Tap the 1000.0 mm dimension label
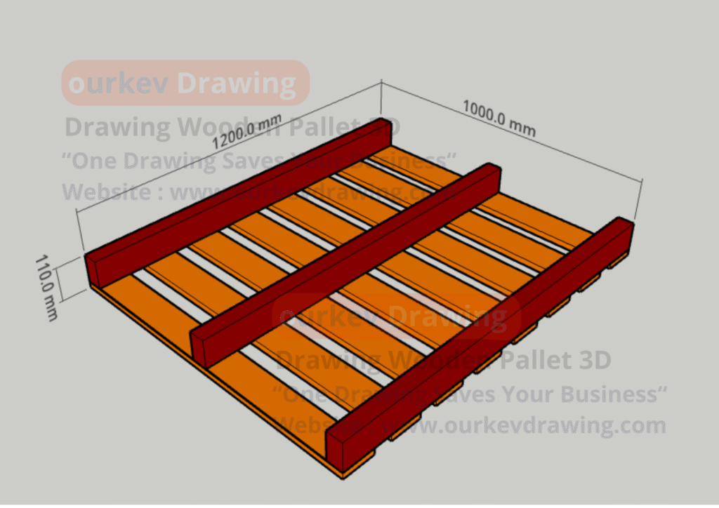[x=499, y=117]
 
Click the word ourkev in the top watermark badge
[x=119, y=83]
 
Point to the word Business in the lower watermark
[x=604, y=394]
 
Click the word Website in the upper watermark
[x=105, y=192]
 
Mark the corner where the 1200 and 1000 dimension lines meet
[x=381, y=82]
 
